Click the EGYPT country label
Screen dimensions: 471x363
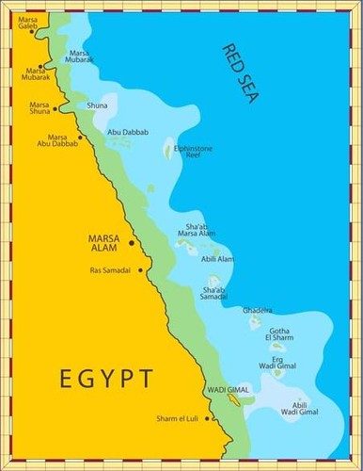point(105,379)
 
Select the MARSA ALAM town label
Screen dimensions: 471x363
point(105,242)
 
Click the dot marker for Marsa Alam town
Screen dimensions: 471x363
point(132,242)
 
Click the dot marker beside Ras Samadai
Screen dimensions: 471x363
point(140,270)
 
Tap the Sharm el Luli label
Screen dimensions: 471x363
point(183,418)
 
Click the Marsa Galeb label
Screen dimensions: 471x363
point(30,19)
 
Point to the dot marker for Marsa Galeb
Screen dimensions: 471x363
point(32,31)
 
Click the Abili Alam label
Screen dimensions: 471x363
point(218,258)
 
